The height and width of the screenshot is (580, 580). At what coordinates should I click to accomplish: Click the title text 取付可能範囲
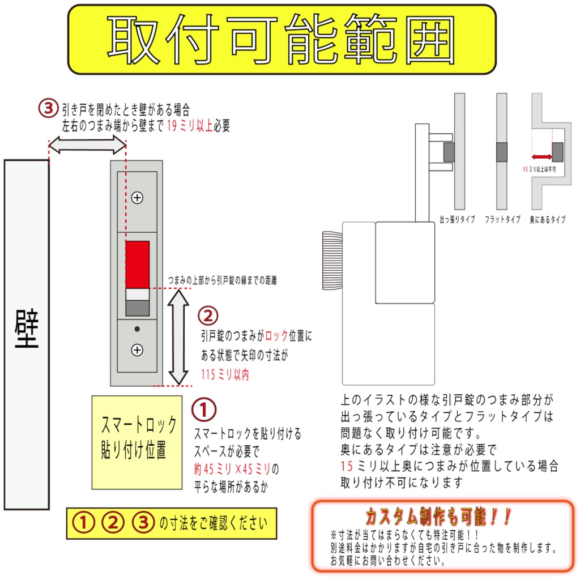(x=282, y=40)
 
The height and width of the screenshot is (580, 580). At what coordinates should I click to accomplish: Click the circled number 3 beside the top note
(x=48, y=108)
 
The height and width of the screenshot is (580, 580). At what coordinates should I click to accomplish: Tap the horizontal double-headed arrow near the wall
(x=87, y=146)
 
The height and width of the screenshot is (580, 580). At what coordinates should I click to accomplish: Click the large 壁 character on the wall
(x=26, y=329)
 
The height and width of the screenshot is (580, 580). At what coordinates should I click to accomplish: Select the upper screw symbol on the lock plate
(x=137, y=198)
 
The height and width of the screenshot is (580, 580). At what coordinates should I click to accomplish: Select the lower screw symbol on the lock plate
(x=137, y=350)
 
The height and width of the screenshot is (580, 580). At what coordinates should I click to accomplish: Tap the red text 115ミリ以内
(x=225, y=374)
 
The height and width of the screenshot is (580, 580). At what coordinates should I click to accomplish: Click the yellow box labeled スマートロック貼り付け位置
(x=137, y=442)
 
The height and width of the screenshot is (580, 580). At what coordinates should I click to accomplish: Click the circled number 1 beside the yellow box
(x=204, y=409)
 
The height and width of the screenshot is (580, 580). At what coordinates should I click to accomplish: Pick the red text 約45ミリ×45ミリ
(x=232, y=469)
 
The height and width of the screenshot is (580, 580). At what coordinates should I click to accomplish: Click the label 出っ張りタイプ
(x=457, y=220)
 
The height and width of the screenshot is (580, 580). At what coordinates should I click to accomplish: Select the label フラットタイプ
(x=502, y=220)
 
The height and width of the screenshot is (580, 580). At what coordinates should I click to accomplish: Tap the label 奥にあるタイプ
(x=548, y=220)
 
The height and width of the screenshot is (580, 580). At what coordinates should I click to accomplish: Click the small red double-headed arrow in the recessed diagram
(x=542, y=157)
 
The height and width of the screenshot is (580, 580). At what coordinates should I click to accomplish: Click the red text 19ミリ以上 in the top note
(x=190, y=126)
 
